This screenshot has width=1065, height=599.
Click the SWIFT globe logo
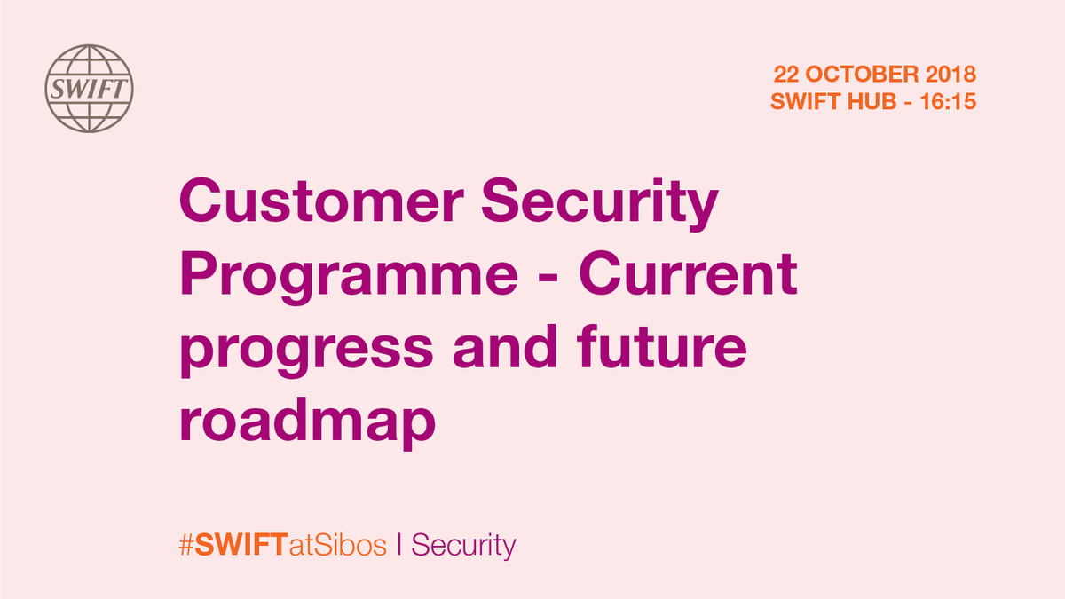(x=89, y=89)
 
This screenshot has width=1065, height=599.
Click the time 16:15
(x=950, y=102)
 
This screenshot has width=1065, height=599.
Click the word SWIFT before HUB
(x=802, y=102)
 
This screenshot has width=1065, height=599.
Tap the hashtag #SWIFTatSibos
(x=283, y=545)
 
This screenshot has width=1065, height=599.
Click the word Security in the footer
(x=463, y=545)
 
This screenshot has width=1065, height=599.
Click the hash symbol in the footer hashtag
(x=186, y=545)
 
